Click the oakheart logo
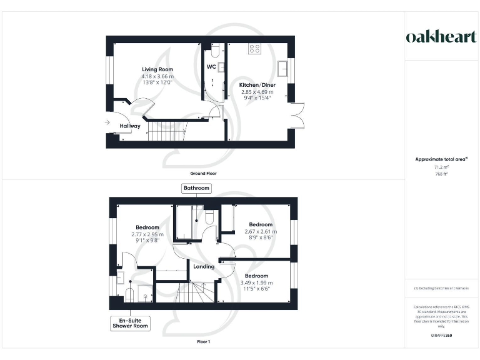tap(441, 36)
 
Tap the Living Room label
tap(157, 69)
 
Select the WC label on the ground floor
tap(211, 66)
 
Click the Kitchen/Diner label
tap(257, 85)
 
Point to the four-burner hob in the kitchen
tap(254, 47)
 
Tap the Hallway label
tap(130, 126)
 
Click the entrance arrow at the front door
tap(109, 122)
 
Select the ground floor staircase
tap(167, 132)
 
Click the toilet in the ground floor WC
tap(214, 49)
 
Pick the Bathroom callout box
tap(196, 188)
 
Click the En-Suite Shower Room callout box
tap(131, 323)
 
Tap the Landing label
tap(204, 267)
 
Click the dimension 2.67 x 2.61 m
tap(261, 231)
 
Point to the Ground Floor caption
tap(204, 173)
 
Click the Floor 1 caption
tap(204, 342)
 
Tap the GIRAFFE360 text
tap(441, 336)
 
